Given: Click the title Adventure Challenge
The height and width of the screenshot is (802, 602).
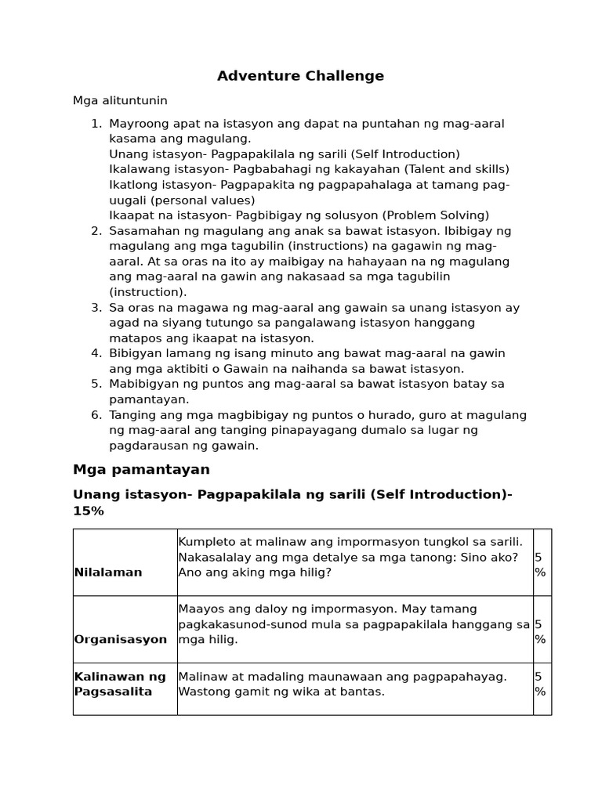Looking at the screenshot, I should tap(300, 76).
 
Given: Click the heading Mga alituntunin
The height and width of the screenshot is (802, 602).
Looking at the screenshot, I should tap(120, 101).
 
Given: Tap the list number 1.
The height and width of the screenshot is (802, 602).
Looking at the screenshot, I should tap(96, 124).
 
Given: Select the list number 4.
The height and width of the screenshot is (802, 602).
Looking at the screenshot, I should tap(96, 353).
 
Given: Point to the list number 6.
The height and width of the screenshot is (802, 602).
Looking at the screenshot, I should tap(96, 415).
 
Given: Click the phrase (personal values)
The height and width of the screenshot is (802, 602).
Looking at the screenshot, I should tap(189, 200).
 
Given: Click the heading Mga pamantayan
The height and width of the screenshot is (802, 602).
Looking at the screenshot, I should tap(141, 470).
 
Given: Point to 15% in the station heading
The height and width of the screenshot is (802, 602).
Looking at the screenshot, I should tap(89, 511).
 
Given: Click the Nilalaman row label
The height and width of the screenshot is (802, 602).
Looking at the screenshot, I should tap(108, 573).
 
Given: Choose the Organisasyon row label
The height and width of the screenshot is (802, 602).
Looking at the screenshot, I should tap(120, 639).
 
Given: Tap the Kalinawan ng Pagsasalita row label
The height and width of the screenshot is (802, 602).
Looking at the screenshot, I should tap(120, 685).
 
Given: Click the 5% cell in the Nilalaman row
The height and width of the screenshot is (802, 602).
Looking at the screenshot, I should tap(540, 565).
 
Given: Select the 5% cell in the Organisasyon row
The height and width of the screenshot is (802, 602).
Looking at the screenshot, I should tap(540, 632).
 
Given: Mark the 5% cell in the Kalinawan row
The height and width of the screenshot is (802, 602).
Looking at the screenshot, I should tap(540, 685).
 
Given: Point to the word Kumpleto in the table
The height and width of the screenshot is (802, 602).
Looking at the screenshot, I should tap(206, 542).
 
